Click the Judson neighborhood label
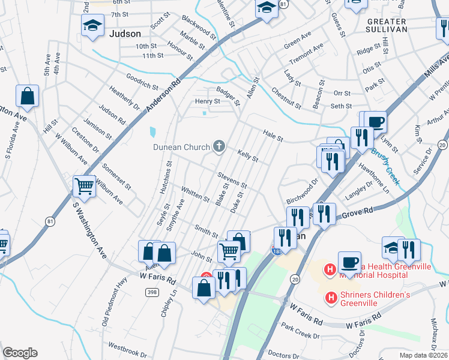(x=125, y=34)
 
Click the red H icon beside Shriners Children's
(x=331, y=297)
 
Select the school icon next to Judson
(x=92, y=26)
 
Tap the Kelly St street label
(x=247, y=156)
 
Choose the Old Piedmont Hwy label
(x=116, y=310)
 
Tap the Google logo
(x=20, y=353)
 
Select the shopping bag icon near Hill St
(x=28, y=96)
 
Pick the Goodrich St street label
(x=142, y=82)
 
